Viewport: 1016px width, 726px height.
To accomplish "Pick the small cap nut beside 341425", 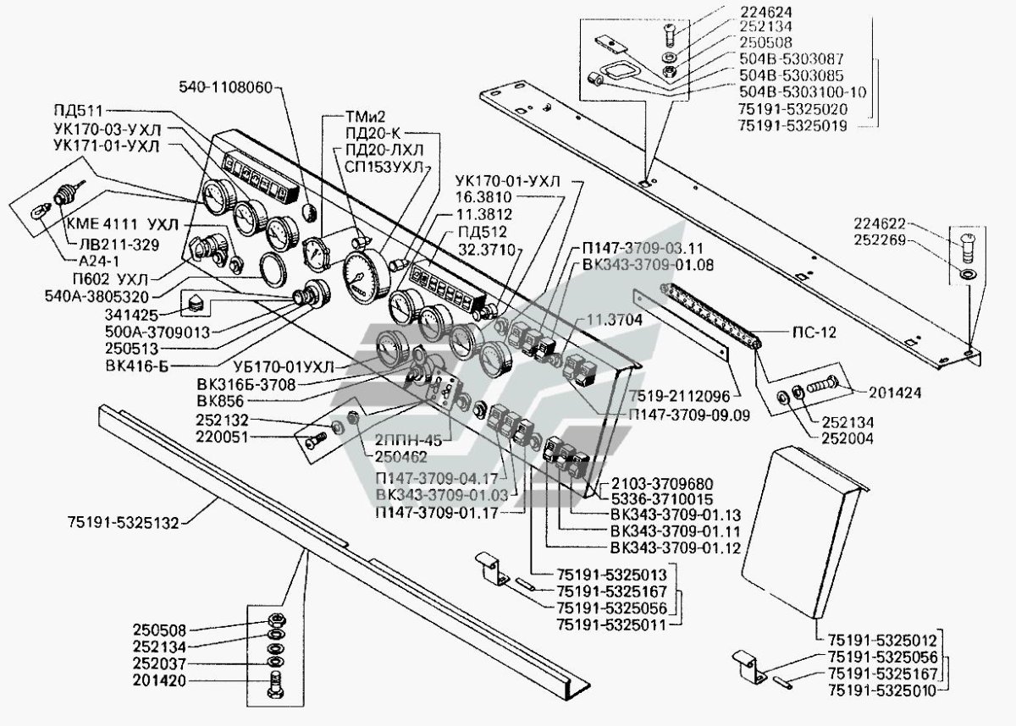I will [194, 302].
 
